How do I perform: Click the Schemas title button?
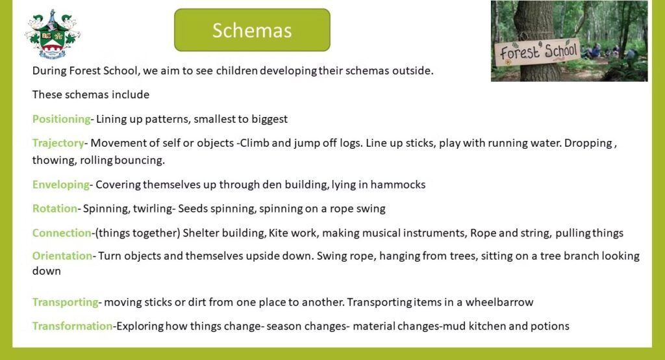click(x=252, y=30)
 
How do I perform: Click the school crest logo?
click(x=53, y=34)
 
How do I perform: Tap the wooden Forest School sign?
click(x=538, y=52)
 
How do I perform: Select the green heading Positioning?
click(x=62, y=119)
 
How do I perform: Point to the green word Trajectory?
click(x=58, y=143)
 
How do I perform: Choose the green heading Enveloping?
click(x=61, y=185)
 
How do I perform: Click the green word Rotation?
click(x=55, y=209)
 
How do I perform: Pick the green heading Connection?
click(x=62, y=233)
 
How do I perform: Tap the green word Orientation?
click(x=62, y=255)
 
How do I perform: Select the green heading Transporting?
click(x=66, y=302)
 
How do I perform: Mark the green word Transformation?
click(x=73, y=326)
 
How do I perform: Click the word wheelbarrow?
click(x=499, y=302)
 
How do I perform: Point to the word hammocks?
click(x=398, y=185)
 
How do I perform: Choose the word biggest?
click(x=270, y=120)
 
